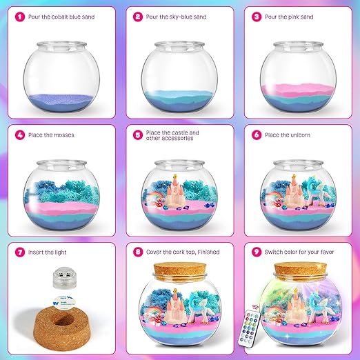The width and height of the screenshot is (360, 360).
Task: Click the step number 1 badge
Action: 20,17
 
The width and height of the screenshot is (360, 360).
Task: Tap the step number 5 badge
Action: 138,135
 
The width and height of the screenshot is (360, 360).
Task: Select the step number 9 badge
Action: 257,252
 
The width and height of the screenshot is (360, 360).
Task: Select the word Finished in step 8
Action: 208,252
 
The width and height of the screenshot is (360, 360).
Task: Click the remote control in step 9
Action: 250,328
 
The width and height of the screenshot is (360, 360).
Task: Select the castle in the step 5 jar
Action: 175,192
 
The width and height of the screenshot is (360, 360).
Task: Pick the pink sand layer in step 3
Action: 298,90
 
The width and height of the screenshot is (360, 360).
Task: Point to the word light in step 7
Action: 61,252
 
